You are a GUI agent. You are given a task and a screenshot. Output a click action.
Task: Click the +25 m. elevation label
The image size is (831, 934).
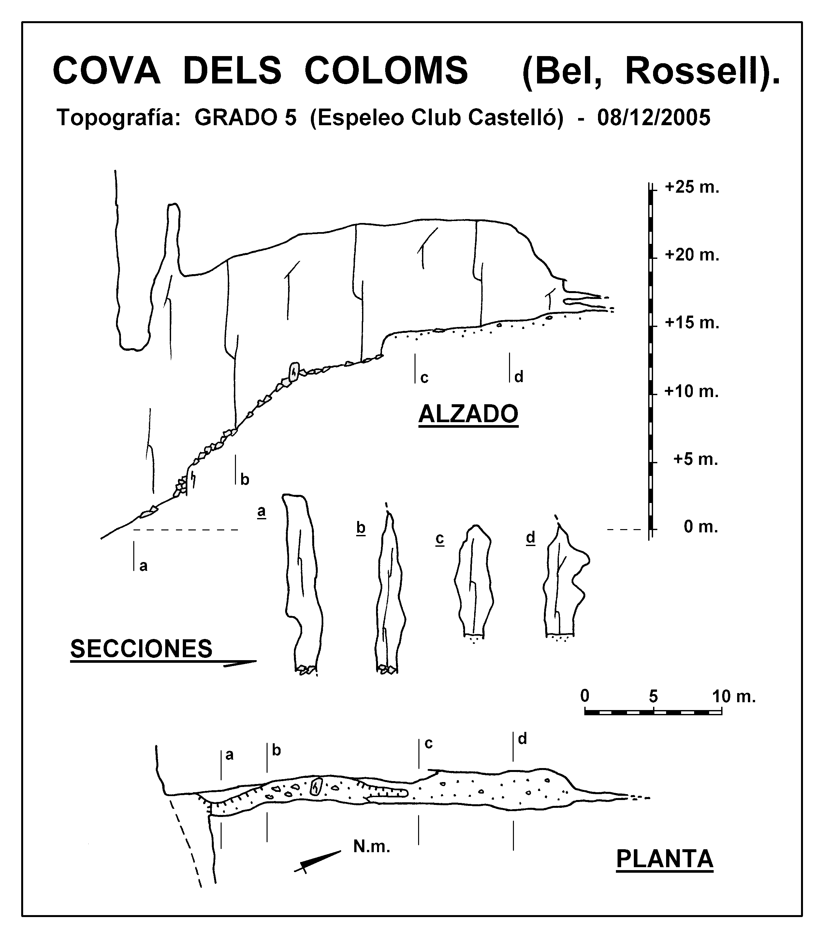pos(692,187)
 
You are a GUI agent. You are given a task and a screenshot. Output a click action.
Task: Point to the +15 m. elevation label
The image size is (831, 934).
pos(692,323)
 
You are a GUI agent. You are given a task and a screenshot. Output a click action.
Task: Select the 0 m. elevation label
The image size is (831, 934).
pos(701,527)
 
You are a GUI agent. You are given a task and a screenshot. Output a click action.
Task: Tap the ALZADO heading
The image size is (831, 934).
pos(468,414)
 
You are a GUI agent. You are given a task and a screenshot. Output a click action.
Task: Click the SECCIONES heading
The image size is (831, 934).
pos(142,649)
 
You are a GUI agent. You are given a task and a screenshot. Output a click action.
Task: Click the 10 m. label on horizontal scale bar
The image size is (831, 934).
pos(734,696)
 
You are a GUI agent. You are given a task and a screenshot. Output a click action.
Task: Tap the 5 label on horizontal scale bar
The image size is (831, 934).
pos(653,696)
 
